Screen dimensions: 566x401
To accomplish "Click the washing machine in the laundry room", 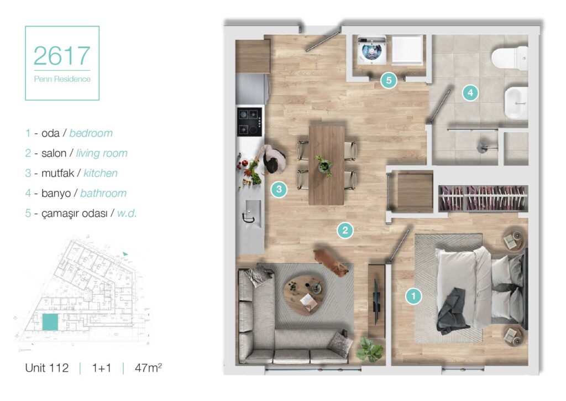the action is coord(371,49).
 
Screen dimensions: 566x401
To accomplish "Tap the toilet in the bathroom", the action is coord(510,58).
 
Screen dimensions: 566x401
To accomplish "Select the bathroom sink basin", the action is coord(516,103).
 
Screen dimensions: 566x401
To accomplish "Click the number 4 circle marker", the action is coord(470,93).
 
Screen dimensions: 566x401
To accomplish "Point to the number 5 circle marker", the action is coord(389,80).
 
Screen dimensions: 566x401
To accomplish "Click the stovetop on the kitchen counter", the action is coord(249,121).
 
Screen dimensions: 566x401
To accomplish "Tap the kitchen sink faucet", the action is coord(248,216).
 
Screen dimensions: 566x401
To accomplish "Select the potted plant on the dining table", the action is coord(324,165).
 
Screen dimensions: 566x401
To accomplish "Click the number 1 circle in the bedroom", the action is coord(413,296).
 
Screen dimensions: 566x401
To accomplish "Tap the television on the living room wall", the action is coord(376,301).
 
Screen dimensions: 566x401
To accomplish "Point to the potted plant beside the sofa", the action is coord(369,348).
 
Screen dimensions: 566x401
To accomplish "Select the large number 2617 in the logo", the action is coord(62,56).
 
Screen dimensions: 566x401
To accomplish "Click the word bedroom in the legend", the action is coord(91,133).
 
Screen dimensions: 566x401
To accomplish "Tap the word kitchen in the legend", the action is coord(101,174).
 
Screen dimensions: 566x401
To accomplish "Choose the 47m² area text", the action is coord(148,368).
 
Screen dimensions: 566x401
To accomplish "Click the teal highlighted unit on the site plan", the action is coord(50,322).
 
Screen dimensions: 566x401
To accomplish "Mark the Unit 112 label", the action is coord(46,368).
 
